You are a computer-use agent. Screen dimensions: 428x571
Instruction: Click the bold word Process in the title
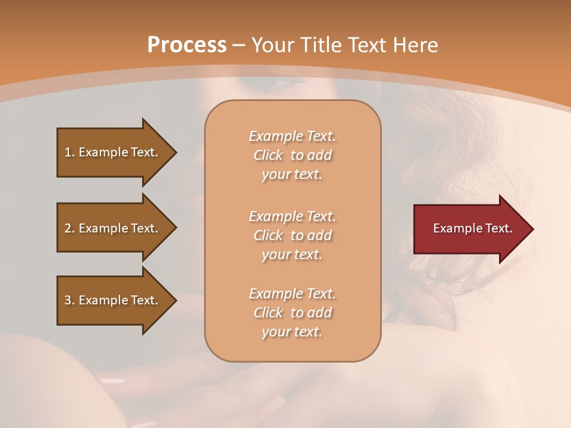tap(187, 45)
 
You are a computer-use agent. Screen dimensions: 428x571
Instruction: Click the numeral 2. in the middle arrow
tap(70, 228)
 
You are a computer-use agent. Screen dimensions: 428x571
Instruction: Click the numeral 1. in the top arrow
tap(70, 152)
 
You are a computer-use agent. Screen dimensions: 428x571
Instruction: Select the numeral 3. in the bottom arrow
tap(70, 300)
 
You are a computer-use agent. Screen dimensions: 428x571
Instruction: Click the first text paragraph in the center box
tap(292, 155)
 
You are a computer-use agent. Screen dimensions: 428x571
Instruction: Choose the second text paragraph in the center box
tap(292, 235)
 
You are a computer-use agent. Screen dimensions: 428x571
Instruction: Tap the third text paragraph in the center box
tap(292, 313)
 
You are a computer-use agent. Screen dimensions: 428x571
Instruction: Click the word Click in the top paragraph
tap(268, 155)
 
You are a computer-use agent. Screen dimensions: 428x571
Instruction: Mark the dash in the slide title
tap(239, 45)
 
